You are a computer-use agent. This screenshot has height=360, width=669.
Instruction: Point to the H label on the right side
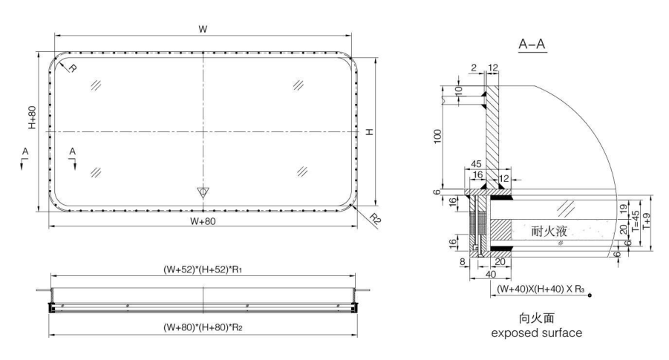pyautogui.click(x=369, y=131)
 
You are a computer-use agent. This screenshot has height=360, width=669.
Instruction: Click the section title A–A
pyautogui.click(x=532, y=45)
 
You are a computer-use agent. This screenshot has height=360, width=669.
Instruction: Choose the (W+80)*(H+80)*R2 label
pyautogui.click(x=202, y=325)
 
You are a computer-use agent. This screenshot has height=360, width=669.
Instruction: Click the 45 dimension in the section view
pyautogui.click(x=475, y=165)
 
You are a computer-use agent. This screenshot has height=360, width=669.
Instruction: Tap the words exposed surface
pyautogui.click(x=537, y=333)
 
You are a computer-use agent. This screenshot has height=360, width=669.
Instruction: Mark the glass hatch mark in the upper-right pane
pyautogui.click(x=298, y=85)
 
